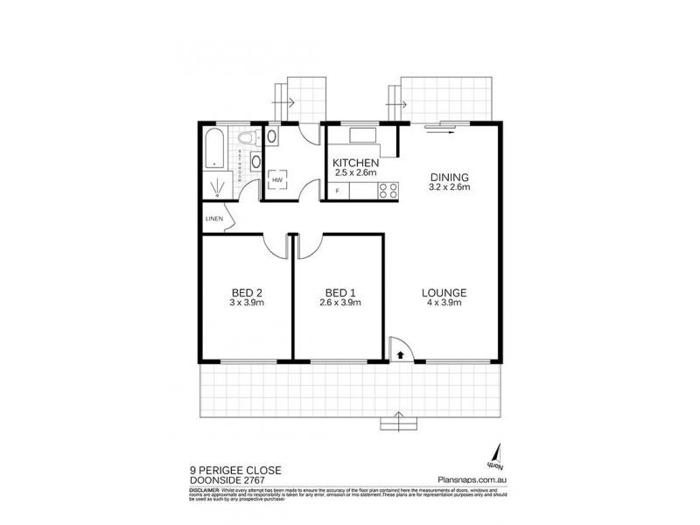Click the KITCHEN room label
355,163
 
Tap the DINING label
450,175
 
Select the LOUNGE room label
444,293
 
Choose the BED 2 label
247,292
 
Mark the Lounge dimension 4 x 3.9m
444,304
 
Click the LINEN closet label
213,219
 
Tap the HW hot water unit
277,181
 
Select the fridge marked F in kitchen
337,191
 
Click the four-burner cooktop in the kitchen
387,190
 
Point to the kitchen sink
361,136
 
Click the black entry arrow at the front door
400,355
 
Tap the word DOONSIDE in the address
215,479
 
